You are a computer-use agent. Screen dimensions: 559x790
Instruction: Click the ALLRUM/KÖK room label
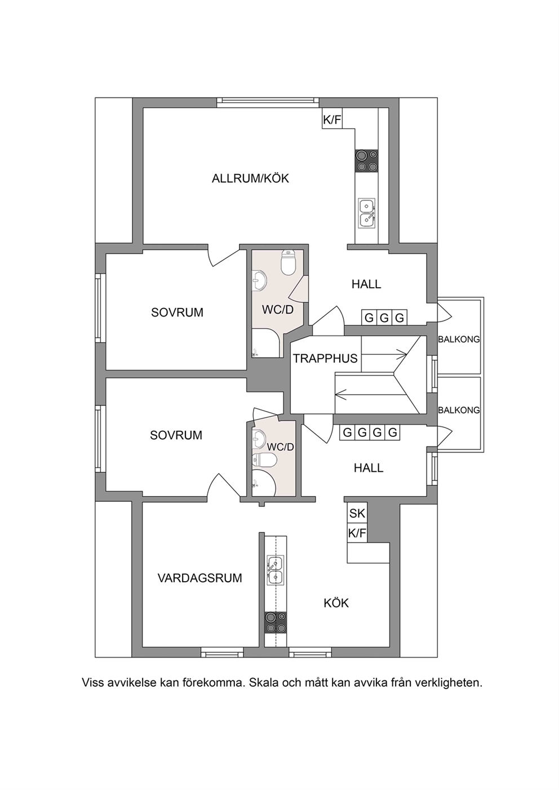pyautogui.click(x=250, y=178)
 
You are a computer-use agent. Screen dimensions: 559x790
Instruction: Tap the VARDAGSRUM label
pyautogui.click(x=199, y=578)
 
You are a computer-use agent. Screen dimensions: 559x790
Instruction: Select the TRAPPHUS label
pyautogui.click(x=325, y=359)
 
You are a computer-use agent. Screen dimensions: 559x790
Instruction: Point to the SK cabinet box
pyautogui.click(x=357, y=513)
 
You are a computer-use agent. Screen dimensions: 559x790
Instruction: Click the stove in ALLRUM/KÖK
pyautogui.click(x=367, y=161)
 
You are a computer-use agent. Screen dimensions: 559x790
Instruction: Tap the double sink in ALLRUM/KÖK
pyautogui.click(x=367, y=213)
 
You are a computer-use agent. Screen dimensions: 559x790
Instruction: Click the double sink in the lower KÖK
pyautogui.click(x=276, y=570)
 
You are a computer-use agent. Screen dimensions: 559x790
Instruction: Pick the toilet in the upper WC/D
pyautogui.click(x=289, y=263)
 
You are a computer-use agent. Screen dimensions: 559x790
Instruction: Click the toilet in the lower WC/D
pyautogui.click(x=265, y=459)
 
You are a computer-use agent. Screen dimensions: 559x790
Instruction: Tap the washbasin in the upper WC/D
pyautogui.click(x=259, y=281)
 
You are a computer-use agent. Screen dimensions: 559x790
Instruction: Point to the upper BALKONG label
pyautogui.click(x=459, y=340)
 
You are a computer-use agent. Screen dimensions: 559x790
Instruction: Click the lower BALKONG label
pyautogui.click(x=459, y=410)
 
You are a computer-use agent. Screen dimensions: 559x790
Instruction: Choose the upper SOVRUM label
pyautogui.click(x=177, y=313)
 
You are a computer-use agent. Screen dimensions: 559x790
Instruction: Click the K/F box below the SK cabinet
pyautogui.click(x=357, y=533)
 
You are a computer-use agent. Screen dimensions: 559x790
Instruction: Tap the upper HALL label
pyautogui.click(x=366, y=284)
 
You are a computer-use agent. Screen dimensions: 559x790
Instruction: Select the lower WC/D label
pyautogui.click(x=281, y=447)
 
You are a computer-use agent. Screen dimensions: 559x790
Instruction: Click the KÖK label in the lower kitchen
pyautogui.click(x=336, y=603)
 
